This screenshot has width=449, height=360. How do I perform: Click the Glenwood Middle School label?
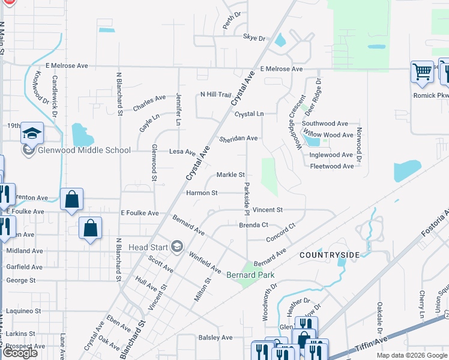[x=84, y=150]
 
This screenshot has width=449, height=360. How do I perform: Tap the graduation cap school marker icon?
[x=32, y=134]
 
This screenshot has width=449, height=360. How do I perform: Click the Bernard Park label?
[x=250, y=275]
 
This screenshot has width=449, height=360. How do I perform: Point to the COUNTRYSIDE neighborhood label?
[x=330, y=255]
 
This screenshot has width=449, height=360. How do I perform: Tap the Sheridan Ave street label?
[x=238, y=138]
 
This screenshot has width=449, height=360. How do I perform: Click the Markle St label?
[x=231, y=175]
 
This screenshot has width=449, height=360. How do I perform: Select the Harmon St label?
[x=202, y=193]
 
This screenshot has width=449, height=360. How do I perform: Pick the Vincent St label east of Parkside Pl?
[x=267, y=210]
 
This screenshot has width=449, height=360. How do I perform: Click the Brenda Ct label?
[x=253, y=225]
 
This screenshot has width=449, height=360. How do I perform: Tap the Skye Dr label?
[x=254, y=37]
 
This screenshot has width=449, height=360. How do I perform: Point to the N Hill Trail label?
[x=215, y=95]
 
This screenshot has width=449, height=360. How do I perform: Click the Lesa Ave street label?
[x=182, y=152]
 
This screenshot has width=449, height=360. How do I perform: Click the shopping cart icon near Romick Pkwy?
[x=422, y=72]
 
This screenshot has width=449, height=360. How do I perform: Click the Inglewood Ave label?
[x=331, y=155]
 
